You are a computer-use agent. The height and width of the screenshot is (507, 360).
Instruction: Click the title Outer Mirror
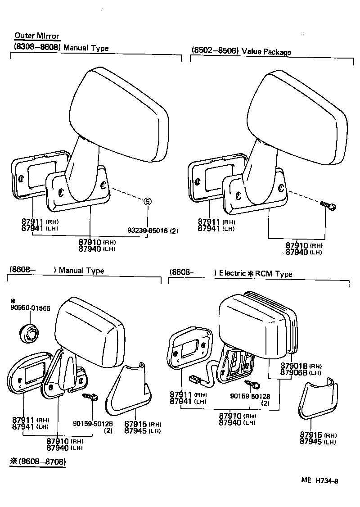37,36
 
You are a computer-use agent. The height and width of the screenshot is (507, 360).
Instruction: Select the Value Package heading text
266,51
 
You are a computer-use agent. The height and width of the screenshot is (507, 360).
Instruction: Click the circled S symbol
147,202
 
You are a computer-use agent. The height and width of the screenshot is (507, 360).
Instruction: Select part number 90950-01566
31,308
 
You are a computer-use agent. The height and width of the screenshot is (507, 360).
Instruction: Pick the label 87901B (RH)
301,366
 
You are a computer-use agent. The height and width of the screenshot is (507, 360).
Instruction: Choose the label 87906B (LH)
301,372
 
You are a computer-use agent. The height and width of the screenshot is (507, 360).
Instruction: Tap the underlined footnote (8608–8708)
38,462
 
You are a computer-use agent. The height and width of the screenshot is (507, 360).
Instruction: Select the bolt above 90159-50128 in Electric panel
252,385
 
